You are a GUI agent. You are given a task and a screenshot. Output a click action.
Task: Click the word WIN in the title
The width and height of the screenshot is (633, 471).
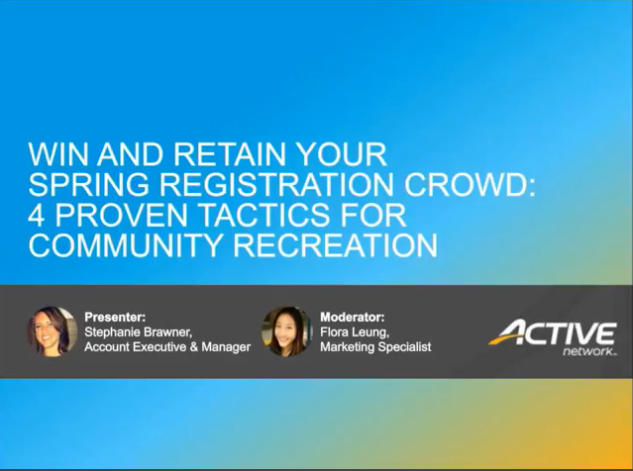pos(57,154)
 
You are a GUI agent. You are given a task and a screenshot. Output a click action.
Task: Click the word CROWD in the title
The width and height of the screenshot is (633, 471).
pos(465,184)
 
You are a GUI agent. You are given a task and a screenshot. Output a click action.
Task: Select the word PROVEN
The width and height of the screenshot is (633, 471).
pos(121,215)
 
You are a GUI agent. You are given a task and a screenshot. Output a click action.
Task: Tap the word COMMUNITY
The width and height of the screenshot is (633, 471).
pos(125,245)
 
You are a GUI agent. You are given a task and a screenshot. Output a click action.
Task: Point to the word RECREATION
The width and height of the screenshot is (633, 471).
pos(336,245)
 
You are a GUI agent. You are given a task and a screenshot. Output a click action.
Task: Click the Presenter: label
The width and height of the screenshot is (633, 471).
pos(115,317)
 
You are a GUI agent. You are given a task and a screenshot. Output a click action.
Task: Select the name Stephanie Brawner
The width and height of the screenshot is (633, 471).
pos(138,331)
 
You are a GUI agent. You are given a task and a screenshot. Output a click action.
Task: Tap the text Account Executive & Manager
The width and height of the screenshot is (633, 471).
pos(167,346)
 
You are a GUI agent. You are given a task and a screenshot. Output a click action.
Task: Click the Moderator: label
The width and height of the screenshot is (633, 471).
pos(353,317)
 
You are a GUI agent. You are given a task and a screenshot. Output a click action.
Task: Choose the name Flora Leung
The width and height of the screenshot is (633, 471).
pos(354,331)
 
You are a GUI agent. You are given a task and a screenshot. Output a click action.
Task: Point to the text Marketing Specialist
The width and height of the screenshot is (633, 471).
pos(375,346)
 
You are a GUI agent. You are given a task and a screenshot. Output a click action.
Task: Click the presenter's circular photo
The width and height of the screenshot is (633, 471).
pos(53,331)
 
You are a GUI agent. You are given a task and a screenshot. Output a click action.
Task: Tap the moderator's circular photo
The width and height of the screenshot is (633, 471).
pos(287,331)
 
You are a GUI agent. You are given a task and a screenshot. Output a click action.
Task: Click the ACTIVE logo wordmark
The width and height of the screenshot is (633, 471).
pos(553,333)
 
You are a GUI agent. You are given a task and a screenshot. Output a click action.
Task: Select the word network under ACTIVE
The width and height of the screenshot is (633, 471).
pos(588,351)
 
